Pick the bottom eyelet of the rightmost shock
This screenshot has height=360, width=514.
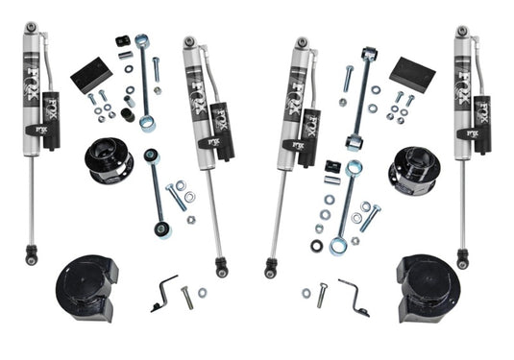click(463, 258)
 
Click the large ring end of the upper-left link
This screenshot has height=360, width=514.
click(145, 123)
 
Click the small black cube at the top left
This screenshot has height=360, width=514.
click(122, 42)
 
